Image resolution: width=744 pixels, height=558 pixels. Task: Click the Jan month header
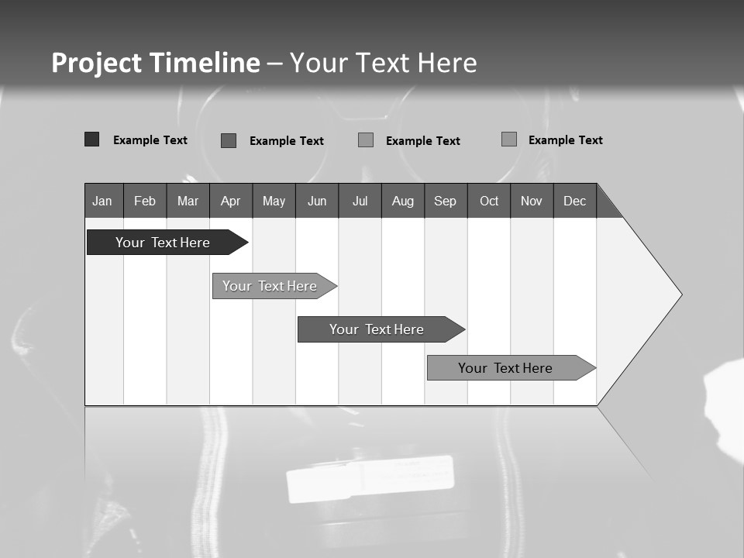pos(102,201)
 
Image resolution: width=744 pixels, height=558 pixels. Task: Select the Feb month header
pos(145,201)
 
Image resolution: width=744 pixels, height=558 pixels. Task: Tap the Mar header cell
pos(188,201)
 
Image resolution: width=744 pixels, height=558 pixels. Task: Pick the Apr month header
pos(230,201)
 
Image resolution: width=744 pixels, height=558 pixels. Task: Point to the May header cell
pos(274,201)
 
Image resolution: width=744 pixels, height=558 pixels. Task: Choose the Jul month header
pos(360,201)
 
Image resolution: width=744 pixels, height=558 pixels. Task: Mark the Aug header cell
pos(402,201)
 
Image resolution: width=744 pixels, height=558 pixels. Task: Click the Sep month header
pos(445,201)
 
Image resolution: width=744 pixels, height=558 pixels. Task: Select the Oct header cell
pos(489,201)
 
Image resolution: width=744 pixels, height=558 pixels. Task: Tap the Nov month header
pos(531,201)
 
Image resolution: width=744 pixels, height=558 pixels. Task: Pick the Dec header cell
pos(574,201)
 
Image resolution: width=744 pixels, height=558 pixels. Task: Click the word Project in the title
pos(97,63)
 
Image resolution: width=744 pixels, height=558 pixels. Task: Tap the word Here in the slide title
pos(447,63)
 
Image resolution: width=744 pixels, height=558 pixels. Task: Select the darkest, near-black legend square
pos(91,139)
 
